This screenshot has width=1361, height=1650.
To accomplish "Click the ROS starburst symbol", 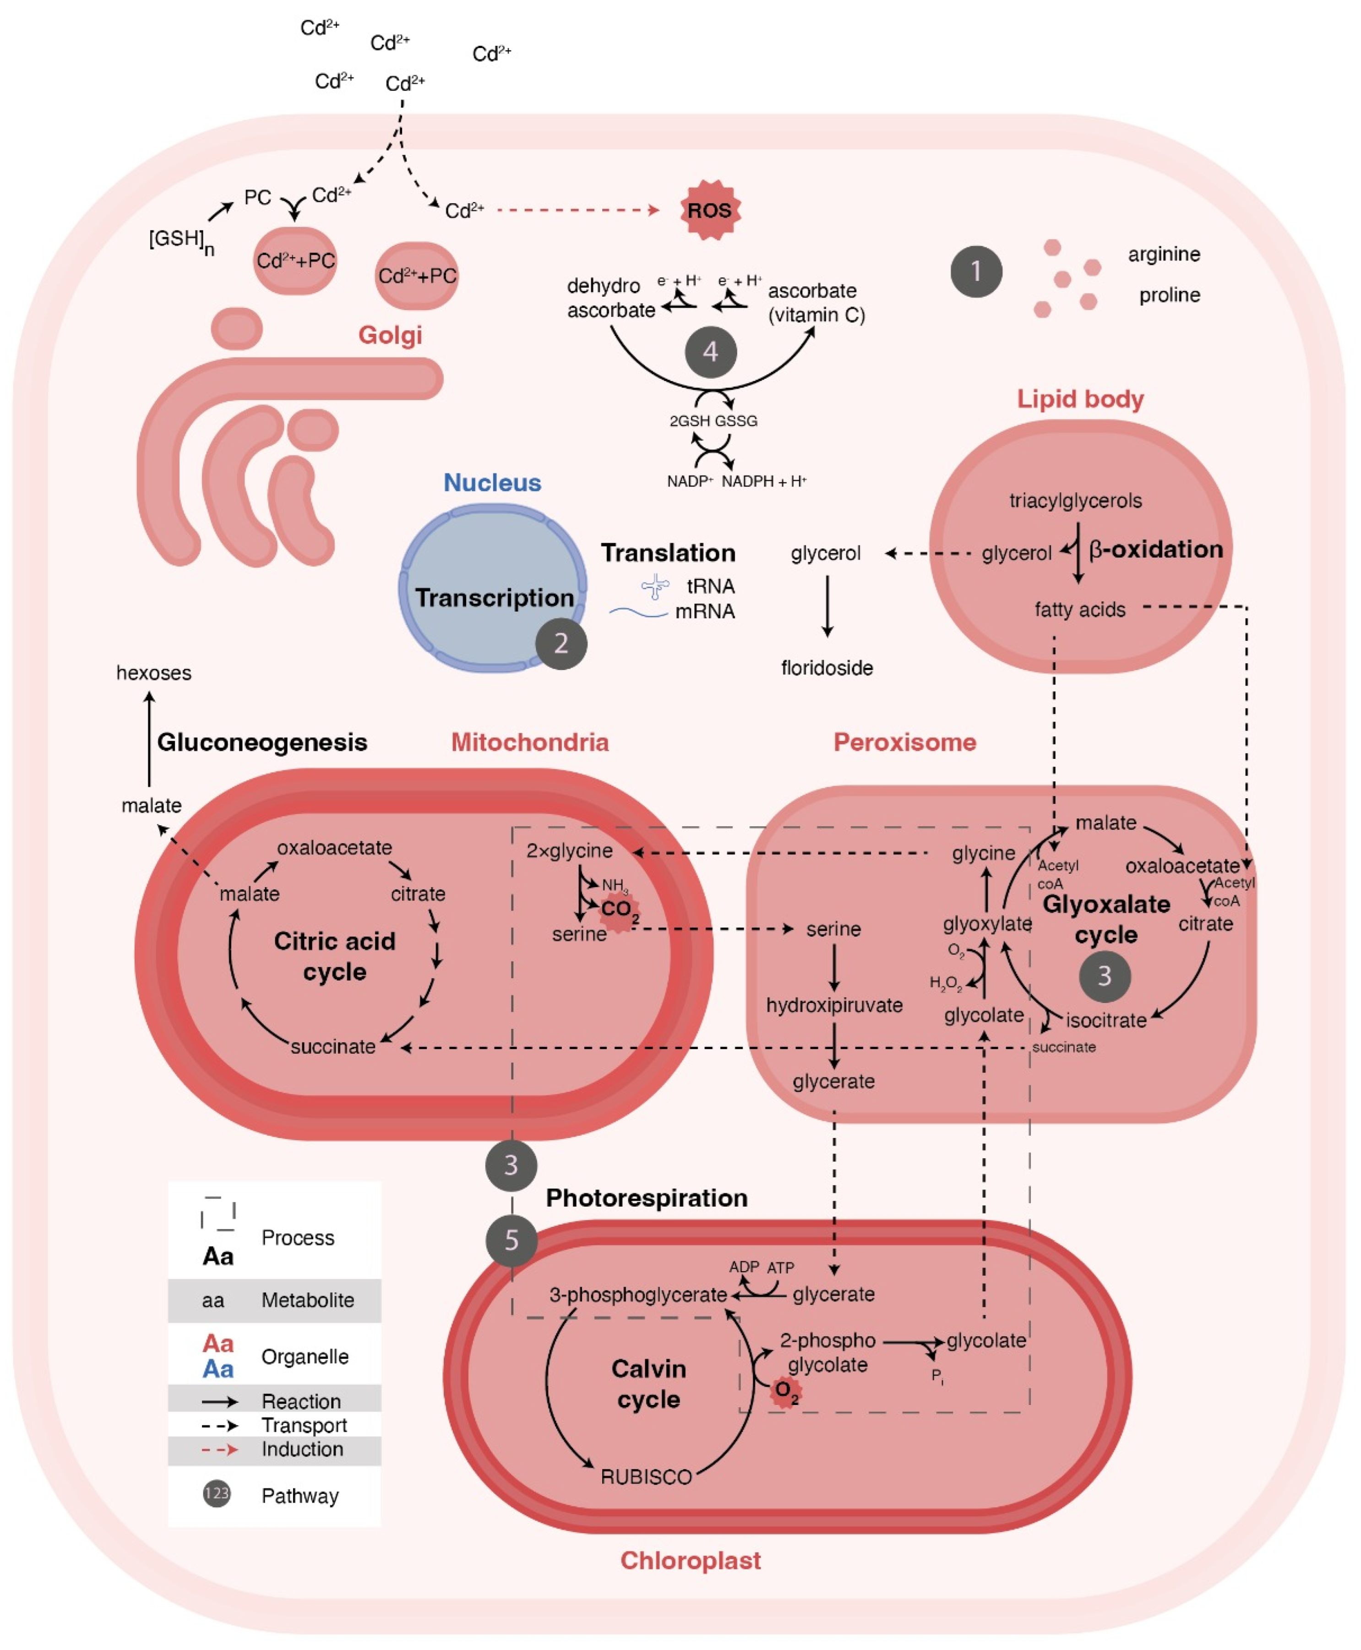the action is click(709, 210).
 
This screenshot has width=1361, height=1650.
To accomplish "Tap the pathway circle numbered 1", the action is click(976, 271).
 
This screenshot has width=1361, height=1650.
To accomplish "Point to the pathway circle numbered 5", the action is click(511, 1240).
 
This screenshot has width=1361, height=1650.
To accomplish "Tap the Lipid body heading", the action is click(1080, 399).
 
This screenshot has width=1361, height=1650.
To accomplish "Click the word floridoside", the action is click(827, 668).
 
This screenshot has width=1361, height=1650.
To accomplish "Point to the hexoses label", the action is click(154, 673).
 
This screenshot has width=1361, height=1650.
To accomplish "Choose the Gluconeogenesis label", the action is click(262, 742).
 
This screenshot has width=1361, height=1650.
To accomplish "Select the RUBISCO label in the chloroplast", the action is click(646, 1477).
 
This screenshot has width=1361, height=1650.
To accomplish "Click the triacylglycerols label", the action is click(1076, 500).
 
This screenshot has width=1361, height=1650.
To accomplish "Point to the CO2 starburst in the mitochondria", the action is click(619, 909).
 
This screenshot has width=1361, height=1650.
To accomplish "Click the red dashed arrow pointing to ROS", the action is click(578, 210).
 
